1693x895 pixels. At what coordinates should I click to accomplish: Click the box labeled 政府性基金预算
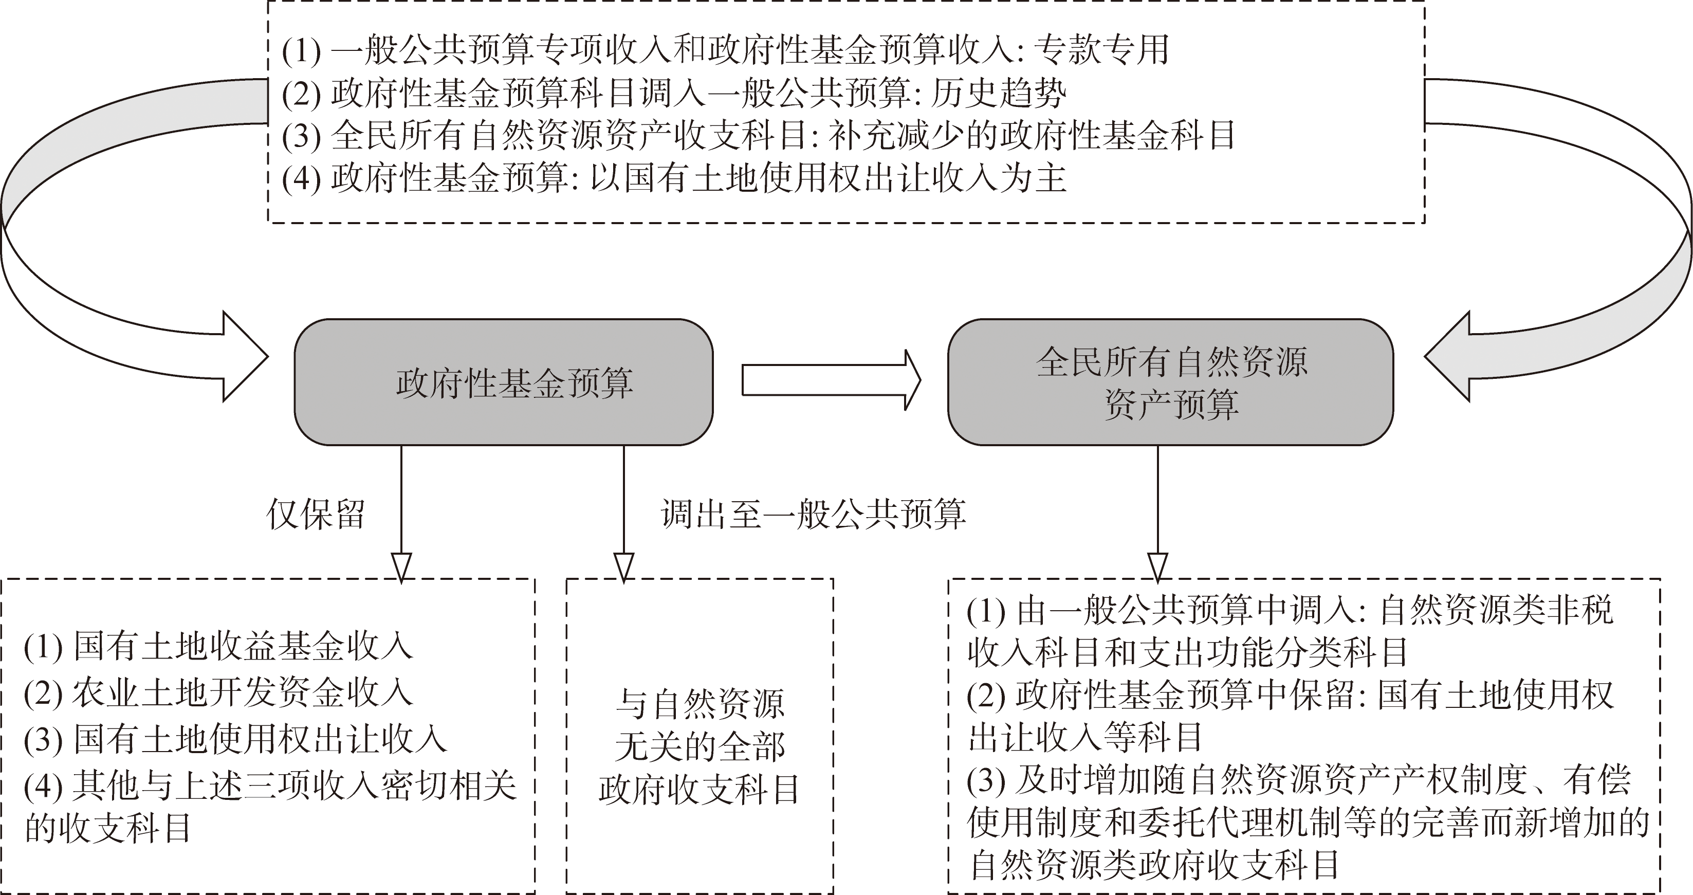pos(504,382)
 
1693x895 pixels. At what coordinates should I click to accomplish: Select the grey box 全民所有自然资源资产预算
pos(1170,382)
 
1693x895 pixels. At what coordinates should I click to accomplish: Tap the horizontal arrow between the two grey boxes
pos(832,380)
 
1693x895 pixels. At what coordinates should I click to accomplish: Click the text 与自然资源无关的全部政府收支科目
pos(700,746)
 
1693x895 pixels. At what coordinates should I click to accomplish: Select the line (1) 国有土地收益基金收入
pos(218,646)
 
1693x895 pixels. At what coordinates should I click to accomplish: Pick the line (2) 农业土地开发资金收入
pos(218,692)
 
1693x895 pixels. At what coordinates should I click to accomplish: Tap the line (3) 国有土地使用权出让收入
pos(235,739)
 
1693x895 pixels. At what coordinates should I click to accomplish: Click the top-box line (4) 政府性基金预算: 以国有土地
pos(674,178)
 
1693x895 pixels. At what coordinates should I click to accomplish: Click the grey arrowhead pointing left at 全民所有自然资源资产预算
pos(1447,357)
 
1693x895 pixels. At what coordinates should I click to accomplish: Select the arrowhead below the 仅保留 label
pos(401,567)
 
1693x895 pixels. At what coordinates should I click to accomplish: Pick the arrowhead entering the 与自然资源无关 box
pos(624,567)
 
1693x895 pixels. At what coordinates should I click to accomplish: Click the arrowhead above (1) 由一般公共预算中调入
pos(1157,567)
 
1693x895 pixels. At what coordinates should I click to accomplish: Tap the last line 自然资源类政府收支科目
pos(1153,865)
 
